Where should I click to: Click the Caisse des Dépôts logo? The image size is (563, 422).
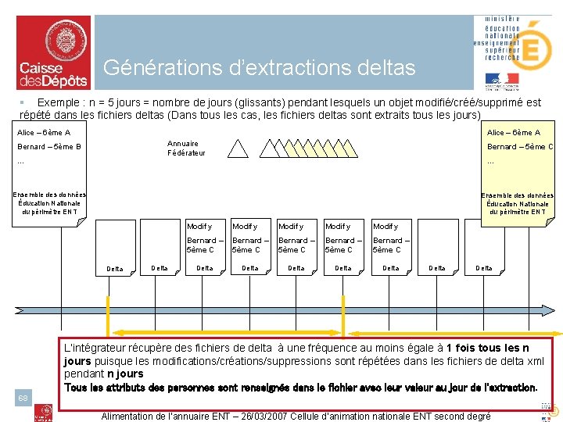(52, 52)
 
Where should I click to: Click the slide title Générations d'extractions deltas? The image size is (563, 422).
(259, 68)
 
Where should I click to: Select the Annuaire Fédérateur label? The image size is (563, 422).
(186, 148)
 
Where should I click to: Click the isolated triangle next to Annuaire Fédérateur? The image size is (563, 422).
(238, 148)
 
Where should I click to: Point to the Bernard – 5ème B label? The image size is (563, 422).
(49, 146)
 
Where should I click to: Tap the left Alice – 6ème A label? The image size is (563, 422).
(44, 133)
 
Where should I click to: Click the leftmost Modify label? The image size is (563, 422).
(199, 227)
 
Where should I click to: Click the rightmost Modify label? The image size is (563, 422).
(385, 227)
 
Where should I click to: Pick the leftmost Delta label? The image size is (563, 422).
(114, 269)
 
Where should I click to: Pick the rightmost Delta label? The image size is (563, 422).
(484, 268)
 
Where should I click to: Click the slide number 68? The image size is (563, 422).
(23, 399)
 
